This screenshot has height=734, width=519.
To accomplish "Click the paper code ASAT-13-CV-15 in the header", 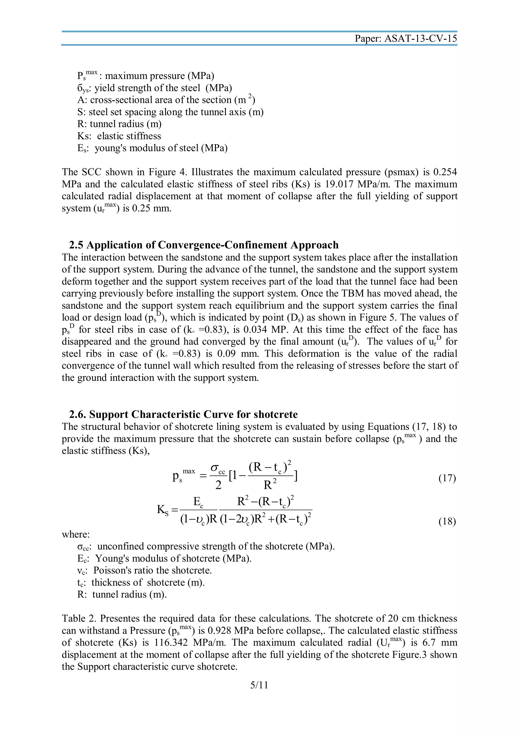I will click(x=420, y=39).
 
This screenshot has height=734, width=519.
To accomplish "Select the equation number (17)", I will click(x=447, y=478).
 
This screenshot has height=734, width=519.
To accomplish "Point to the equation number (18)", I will click(x=447, y=521).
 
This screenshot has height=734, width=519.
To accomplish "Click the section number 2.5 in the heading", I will click(x=77, y=245).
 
